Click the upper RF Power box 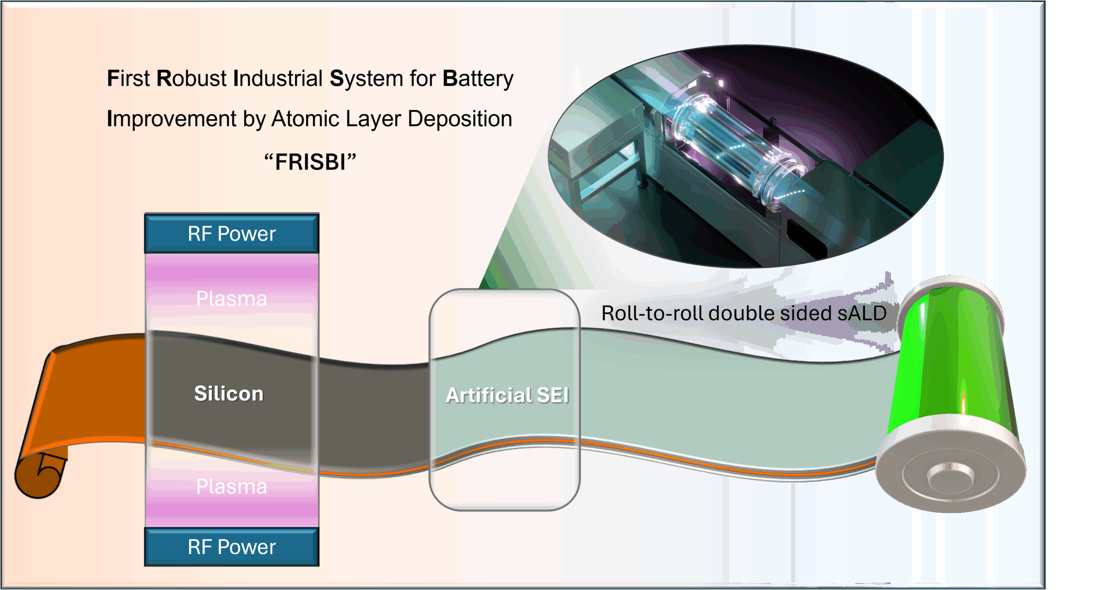232,234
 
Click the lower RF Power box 232,547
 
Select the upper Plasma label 232,298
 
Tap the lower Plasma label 232,487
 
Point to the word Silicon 229,393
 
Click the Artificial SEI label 507,395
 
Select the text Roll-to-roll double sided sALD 744,314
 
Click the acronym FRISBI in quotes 310,162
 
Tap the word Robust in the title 191,79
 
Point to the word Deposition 460,119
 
